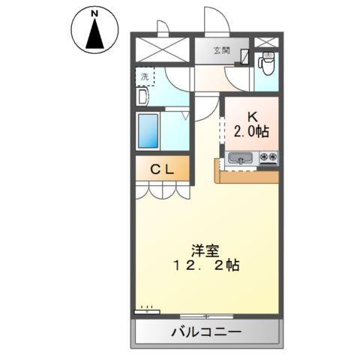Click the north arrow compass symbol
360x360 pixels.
point(95,32)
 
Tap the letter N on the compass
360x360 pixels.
point(95,14)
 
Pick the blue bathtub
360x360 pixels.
point(150,131)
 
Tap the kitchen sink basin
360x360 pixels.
point(240,158)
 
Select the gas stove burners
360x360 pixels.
point(268,158)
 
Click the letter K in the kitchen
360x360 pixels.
point(252,117)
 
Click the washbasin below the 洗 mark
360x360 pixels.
point(141,96)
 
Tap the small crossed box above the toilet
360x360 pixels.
point(265,42)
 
